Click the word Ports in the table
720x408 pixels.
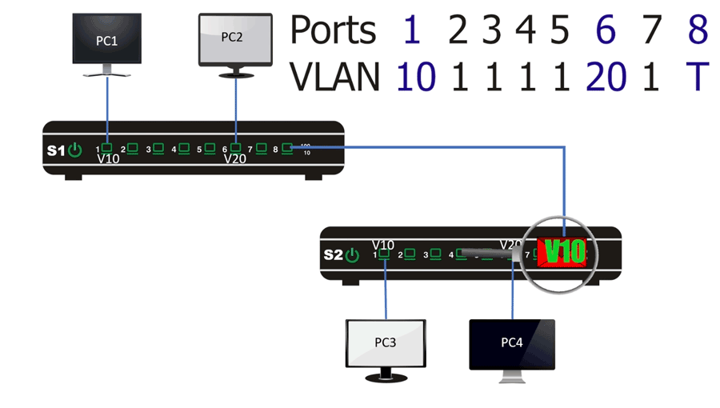click(x=332, y=30)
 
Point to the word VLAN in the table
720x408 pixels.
click(x=335, y=77)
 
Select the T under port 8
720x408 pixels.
click(x=698, y=77)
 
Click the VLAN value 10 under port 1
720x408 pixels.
click(x=416, y=77)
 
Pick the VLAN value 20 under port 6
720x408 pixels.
click(x=606, y=77)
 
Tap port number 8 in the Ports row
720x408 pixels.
click(x=698, y=30)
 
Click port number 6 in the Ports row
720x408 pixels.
click(x=606, y=30)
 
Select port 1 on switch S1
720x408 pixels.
click(x=106, y=148)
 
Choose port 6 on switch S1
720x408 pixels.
click(x=236, y=148)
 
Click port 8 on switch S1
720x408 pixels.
click(x=287, y=148)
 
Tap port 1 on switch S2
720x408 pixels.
click(x=385, y=254)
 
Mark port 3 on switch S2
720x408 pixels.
click(x=436, y=254)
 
